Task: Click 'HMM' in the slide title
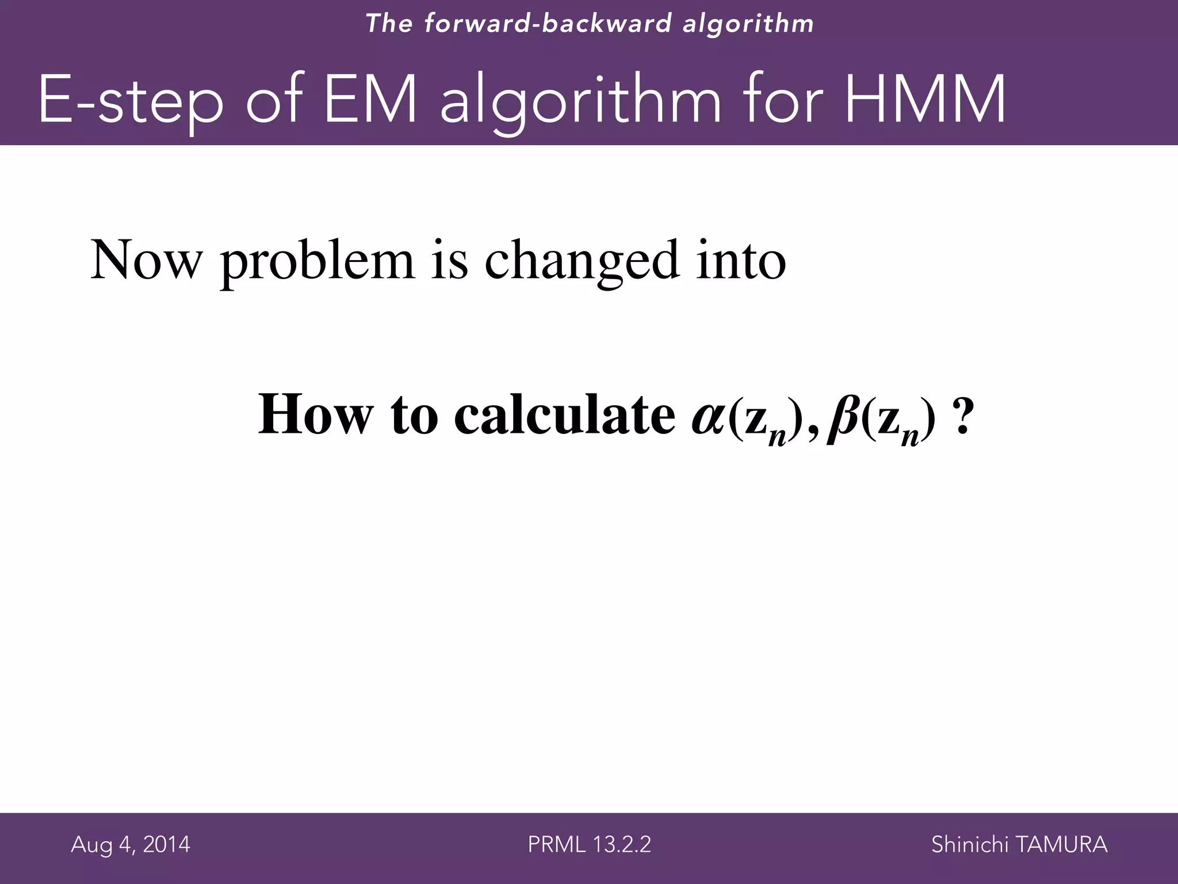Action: point(926,101)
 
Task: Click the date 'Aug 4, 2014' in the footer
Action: point(131,845)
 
